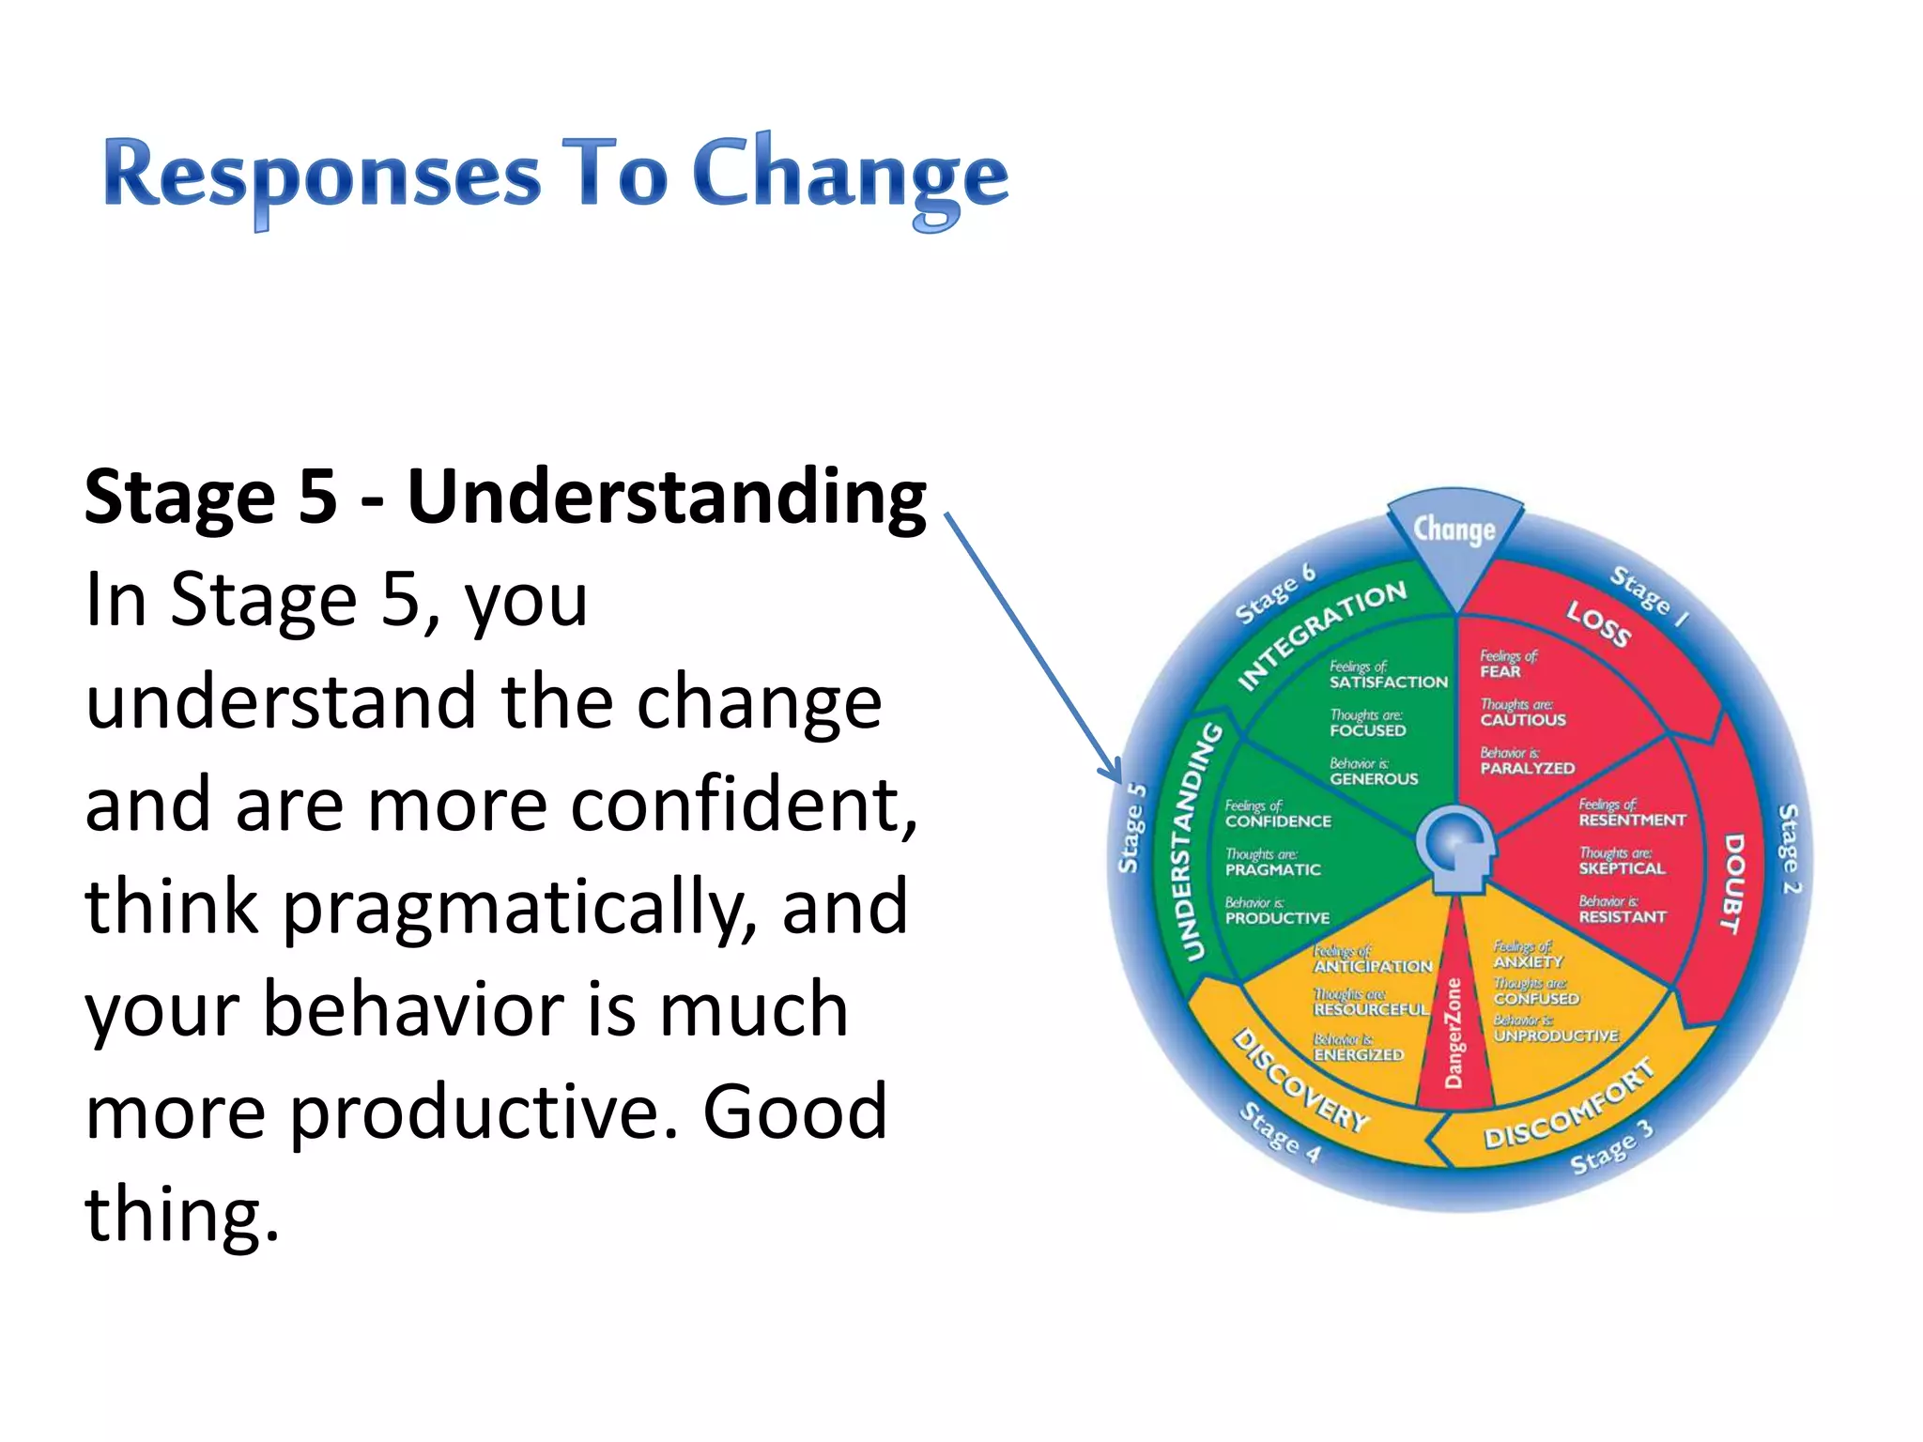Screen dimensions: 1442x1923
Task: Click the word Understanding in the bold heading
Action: [x=667, y=498]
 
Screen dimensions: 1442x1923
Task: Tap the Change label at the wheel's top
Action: [x=1454, y=530]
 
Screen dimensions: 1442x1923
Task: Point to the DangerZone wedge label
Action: [x=1454, y=1033]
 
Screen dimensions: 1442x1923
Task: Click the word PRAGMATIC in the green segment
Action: [x=1272, y=870]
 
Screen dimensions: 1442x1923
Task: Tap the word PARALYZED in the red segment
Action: [x=1528, y=769]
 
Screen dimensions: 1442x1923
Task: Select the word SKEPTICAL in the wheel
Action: [x=1622, y=869]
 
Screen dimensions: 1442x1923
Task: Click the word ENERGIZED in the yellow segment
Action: [x=1359, y=1055]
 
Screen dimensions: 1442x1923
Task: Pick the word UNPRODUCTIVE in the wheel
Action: [x=1556, y=1036]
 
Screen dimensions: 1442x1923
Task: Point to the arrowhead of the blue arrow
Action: [x=1115, y=774]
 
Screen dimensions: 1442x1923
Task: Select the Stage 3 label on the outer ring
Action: [x=1610, y=1148]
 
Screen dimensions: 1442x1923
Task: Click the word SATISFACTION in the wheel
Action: [x=1388, y=683]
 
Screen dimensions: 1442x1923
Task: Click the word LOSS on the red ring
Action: [x=1598, y=625]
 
